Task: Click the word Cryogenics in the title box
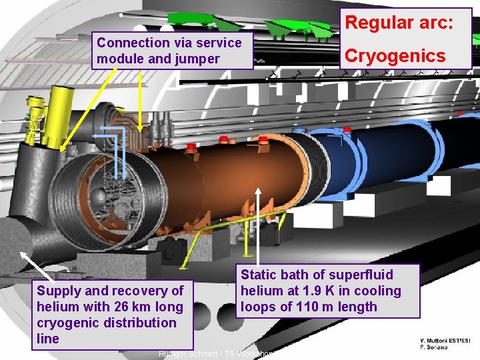pyautogui.click(x=394, y=55)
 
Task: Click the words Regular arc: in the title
pyautogui.click(x=399, y=23)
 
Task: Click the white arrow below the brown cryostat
pyautogui.click(x=261, y=227)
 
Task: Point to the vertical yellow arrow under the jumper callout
pyautogui.click(x=140, y=100)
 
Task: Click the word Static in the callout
pyautogui.click(x=257, y=275)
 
